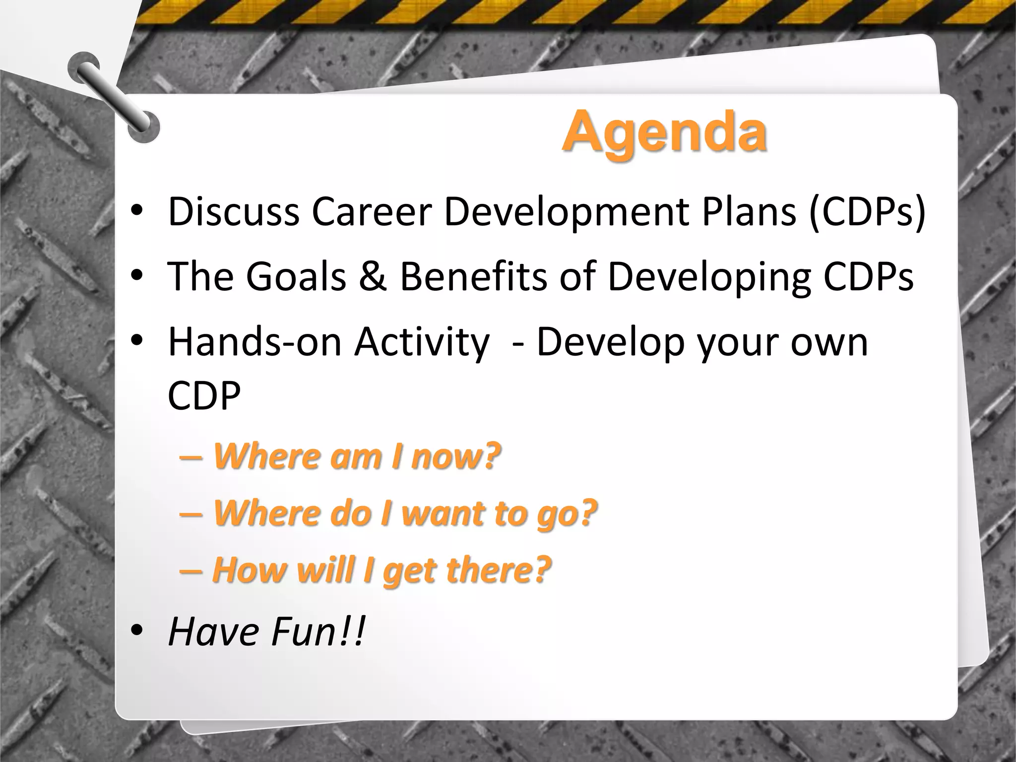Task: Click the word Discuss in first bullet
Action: coord(234,212)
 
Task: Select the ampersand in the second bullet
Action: coord(373,276)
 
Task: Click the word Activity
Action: coord(422,343)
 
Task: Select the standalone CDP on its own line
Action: coord(204,395)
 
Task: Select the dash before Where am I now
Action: coord(190,457)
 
